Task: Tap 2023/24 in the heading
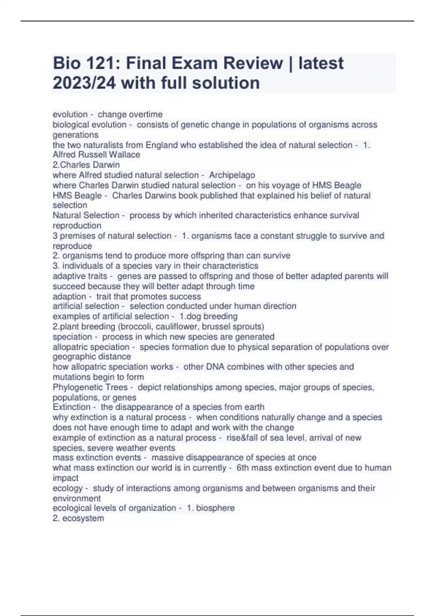[84, 83]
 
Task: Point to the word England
[161, 145]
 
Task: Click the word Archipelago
[232, 175]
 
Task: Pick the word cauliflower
[174, 326]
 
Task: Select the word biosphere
[215, 508]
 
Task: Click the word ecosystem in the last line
[83, 518]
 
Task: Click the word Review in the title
[253, 63]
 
